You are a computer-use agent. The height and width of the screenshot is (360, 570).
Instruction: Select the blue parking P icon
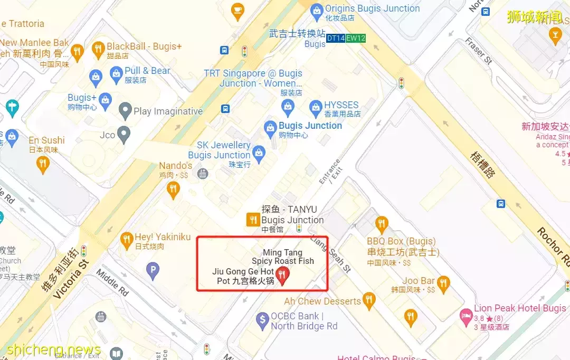pos(153,270)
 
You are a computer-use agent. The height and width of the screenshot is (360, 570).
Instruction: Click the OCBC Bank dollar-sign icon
pos(262,319)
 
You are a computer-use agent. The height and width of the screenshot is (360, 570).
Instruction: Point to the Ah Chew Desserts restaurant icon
pos(369,301)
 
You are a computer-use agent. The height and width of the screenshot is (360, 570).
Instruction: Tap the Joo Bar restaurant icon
pos(443,283)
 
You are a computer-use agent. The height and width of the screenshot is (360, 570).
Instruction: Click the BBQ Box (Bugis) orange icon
pos(382,224)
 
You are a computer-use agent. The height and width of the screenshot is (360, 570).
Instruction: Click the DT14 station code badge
pos(336,39)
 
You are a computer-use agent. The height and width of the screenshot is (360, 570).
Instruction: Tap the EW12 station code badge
pos(356,39)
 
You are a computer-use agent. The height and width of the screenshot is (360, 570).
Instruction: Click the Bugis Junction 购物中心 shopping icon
pos(270,128)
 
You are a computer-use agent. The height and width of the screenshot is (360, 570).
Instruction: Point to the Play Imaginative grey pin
pos(125,111)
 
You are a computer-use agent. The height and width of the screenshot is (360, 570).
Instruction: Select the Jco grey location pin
pos(123,135)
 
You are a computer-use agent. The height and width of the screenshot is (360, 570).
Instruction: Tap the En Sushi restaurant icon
pos(43,165)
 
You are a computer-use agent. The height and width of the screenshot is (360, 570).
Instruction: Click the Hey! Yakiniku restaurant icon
pos(126,241)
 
